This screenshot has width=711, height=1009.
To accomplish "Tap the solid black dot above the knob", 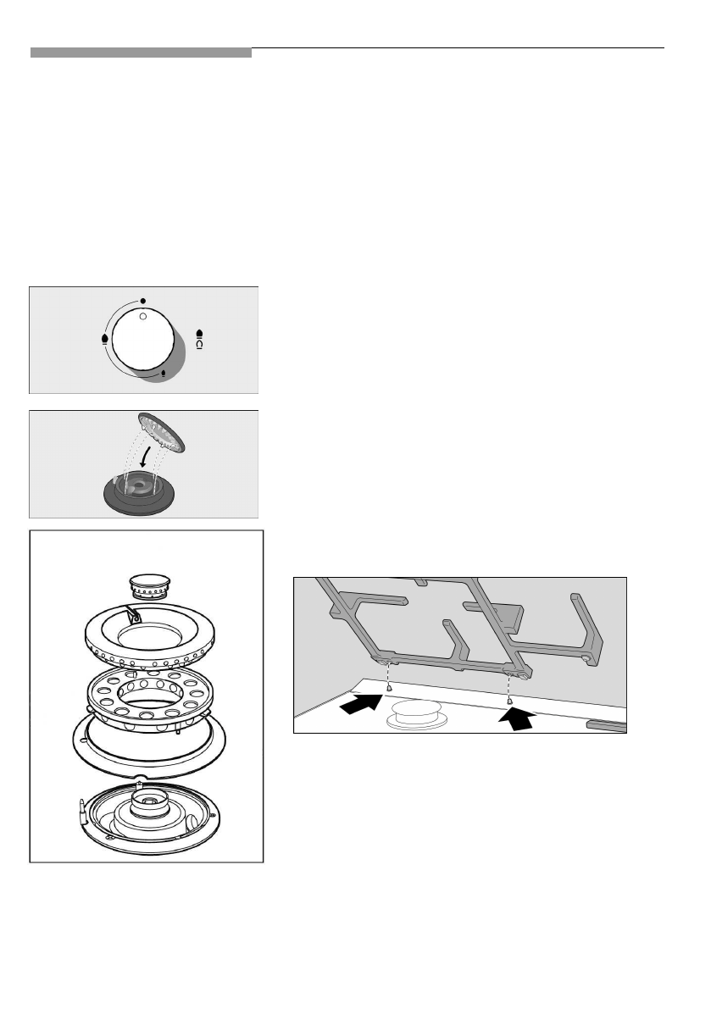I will (143, 301).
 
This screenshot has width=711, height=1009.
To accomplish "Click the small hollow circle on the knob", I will (143, 315).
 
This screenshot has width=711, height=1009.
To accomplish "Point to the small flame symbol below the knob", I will (163, 372).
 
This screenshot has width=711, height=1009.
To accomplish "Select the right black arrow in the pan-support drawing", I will (518, 718).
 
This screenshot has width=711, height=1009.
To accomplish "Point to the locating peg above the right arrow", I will (508, 700).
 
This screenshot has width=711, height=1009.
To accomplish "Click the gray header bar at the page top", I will (141, 53).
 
